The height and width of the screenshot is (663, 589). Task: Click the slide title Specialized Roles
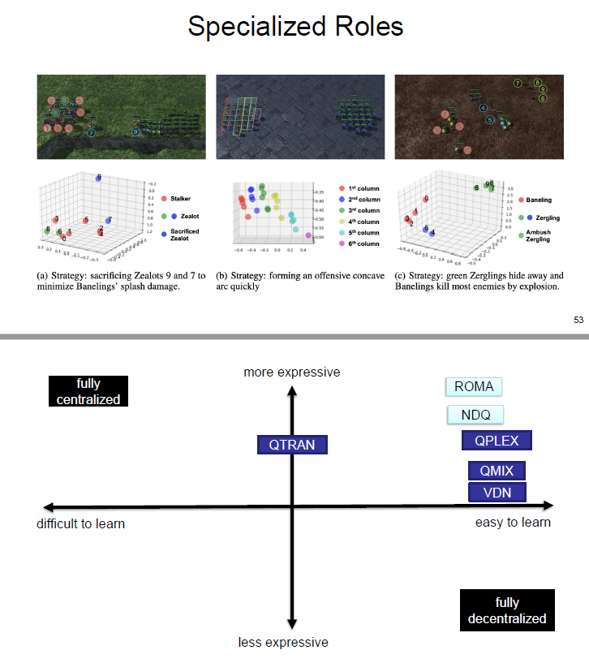294,26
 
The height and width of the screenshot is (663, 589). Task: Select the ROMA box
474,386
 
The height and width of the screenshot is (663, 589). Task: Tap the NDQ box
475,415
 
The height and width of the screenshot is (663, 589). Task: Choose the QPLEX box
496,441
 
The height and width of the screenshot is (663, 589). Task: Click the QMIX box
497,471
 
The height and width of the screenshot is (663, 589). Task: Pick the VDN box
497,492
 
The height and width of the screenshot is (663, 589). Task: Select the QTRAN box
292,444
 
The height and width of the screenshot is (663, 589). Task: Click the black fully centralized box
88,391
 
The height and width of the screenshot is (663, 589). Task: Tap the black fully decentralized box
508,610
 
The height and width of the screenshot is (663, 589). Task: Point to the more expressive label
292,372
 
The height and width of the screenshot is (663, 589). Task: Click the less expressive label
283,642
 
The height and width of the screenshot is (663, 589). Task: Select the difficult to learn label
81,523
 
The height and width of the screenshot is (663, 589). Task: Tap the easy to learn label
513,522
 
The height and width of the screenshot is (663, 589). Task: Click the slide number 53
578,321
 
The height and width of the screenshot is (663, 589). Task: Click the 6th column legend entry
357,243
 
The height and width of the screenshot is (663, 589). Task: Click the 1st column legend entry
357,188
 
